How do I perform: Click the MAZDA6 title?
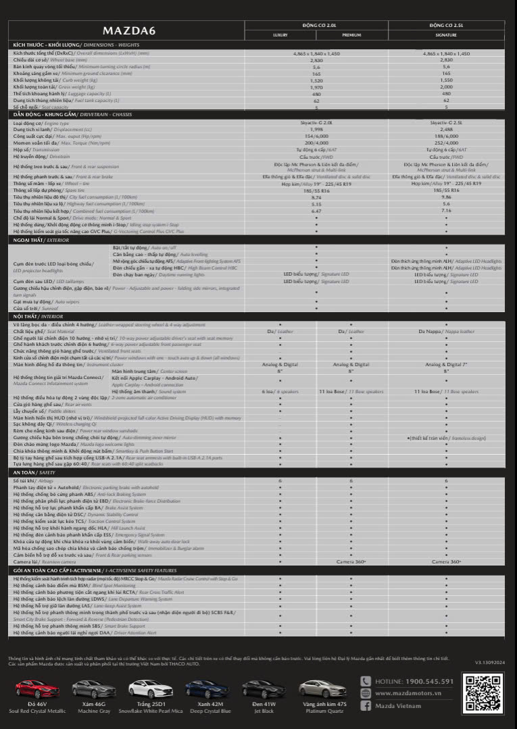click(126, 31)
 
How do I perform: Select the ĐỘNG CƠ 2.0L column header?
click(317, 25)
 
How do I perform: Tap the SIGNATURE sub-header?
click(446, 34)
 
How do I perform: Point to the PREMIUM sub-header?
click(351, 34)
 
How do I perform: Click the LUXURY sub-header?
click(280, 34)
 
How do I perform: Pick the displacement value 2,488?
click(446, 129)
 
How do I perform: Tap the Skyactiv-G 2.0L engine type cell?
click(316, 124)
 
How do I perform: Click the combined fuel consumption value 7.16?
click(446, 210)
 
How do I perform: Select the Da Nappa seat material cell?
click(446, 332)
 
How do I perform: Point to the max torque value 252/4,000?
click(446, 143)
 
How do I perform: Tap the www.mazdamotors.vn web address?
click(412, 693)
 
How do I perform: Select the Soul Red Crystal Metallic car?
click(37, 690)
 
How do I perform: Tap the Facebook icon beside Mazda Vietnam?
click(366, 706)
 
